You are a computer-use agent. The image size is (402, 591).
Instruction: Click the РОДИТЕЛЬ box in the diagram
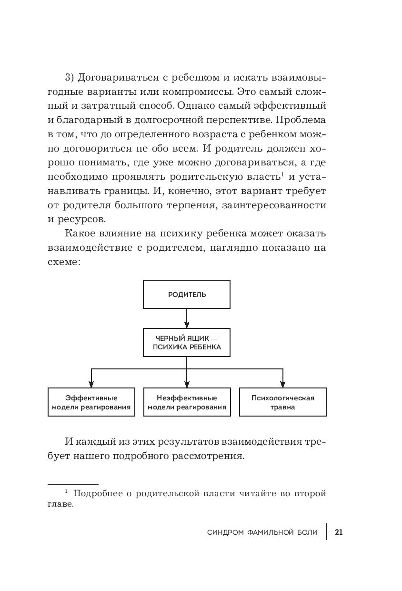187,295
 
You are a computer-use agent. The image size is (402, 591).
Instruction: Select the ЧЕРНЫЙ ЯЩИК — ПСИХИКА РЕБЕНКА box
187,342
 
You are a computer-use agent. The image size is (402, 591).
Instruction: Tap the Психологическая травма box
282,402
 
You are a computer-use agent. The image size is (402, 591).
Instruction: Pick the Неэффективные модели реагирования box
187,402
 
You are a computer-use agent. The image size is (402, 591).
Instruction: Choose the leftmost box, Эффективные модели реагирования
91,402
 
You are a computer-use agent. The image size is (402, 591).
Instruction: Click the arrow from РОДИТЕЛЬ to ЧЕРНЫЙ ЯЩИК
187,318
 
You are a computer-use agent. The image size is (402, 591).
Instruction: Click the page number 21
339,532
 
